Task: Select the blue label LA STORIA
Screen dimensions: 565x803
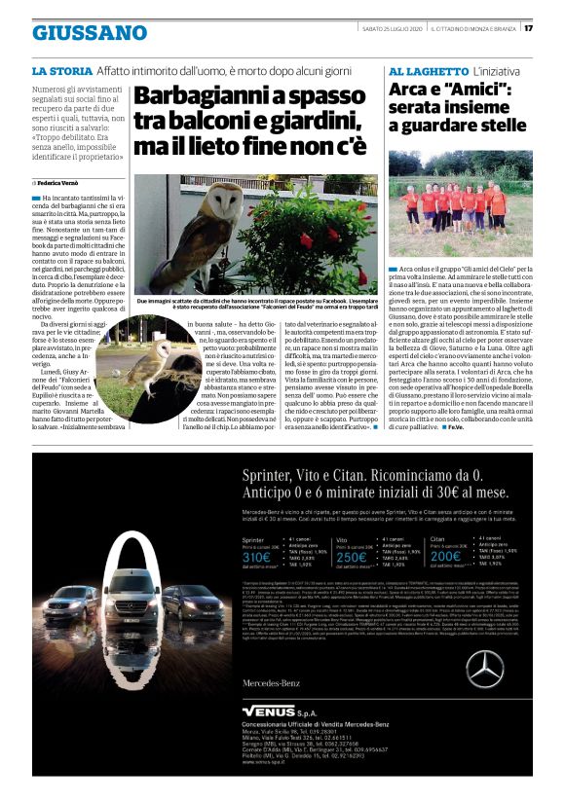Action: (x=62, y=72)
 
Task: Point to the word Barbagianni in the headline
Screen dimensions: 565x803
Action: (x=196, y=98)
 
